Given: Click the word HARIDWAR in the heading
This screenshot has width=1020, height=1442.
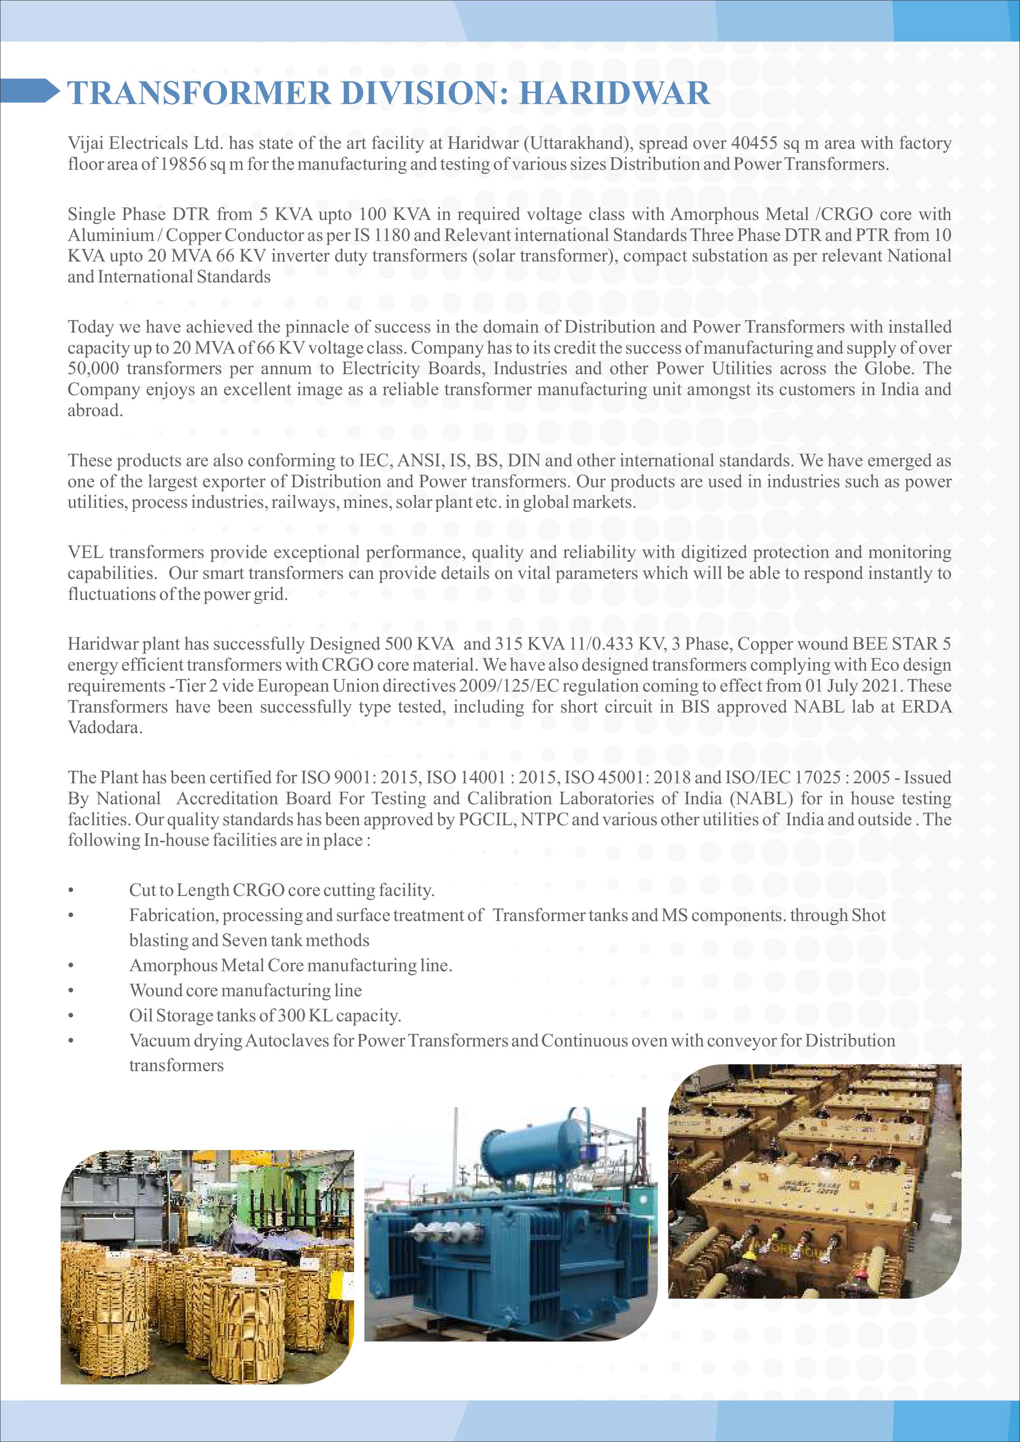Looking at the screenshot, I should coord(614,93).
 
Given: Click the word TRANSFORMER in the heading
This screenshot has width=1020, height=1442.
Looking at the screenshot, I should coord(199,93).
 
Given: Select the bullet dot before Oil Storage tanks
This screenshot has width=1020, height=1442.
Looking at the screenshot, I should coord(72,1016).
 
